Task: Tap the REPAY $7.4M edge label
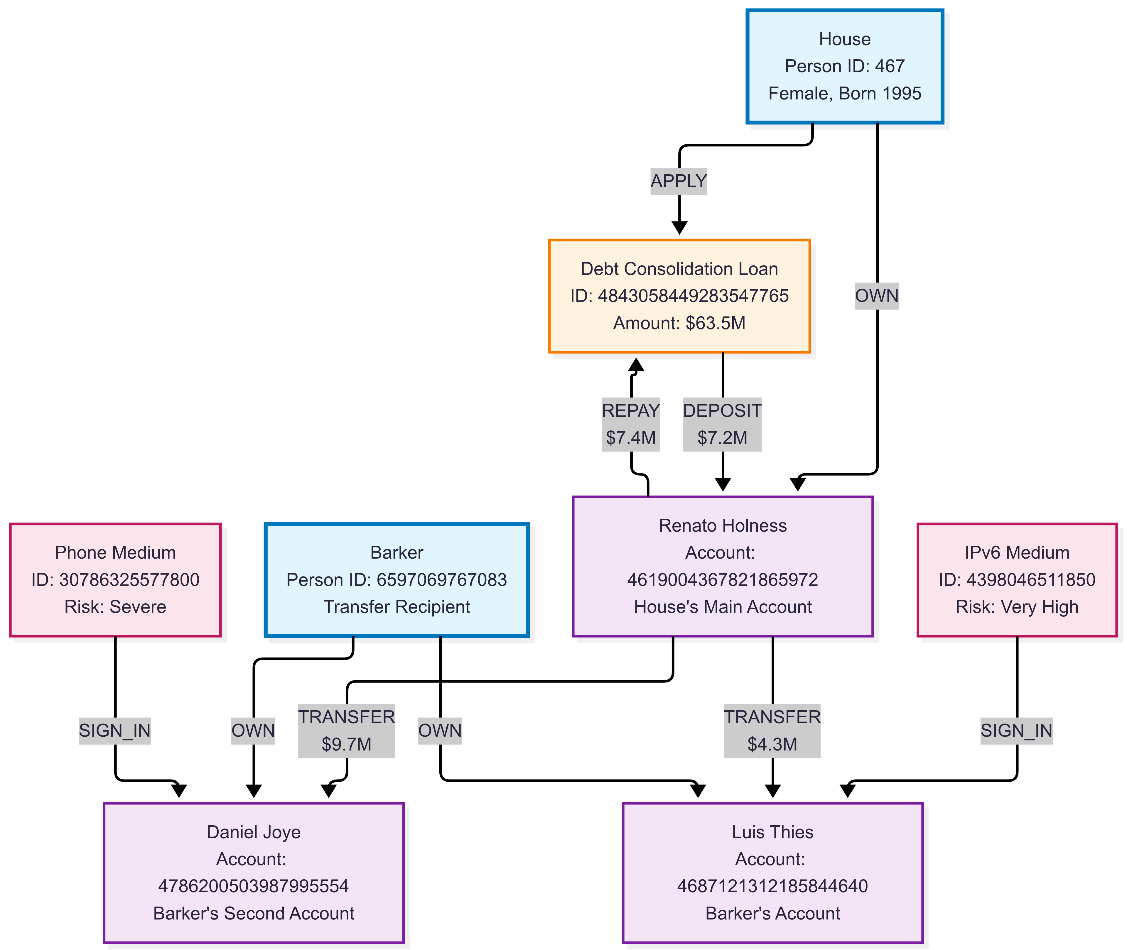(x=630, y=424)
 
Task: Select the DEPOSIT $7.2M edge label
(x=722, y=424)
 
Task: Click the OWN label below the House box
(x=876, y=296)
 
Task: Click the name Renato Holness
(x=722, y=526)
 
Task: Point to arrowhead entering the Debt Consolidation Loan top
(x=679, y=228)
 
